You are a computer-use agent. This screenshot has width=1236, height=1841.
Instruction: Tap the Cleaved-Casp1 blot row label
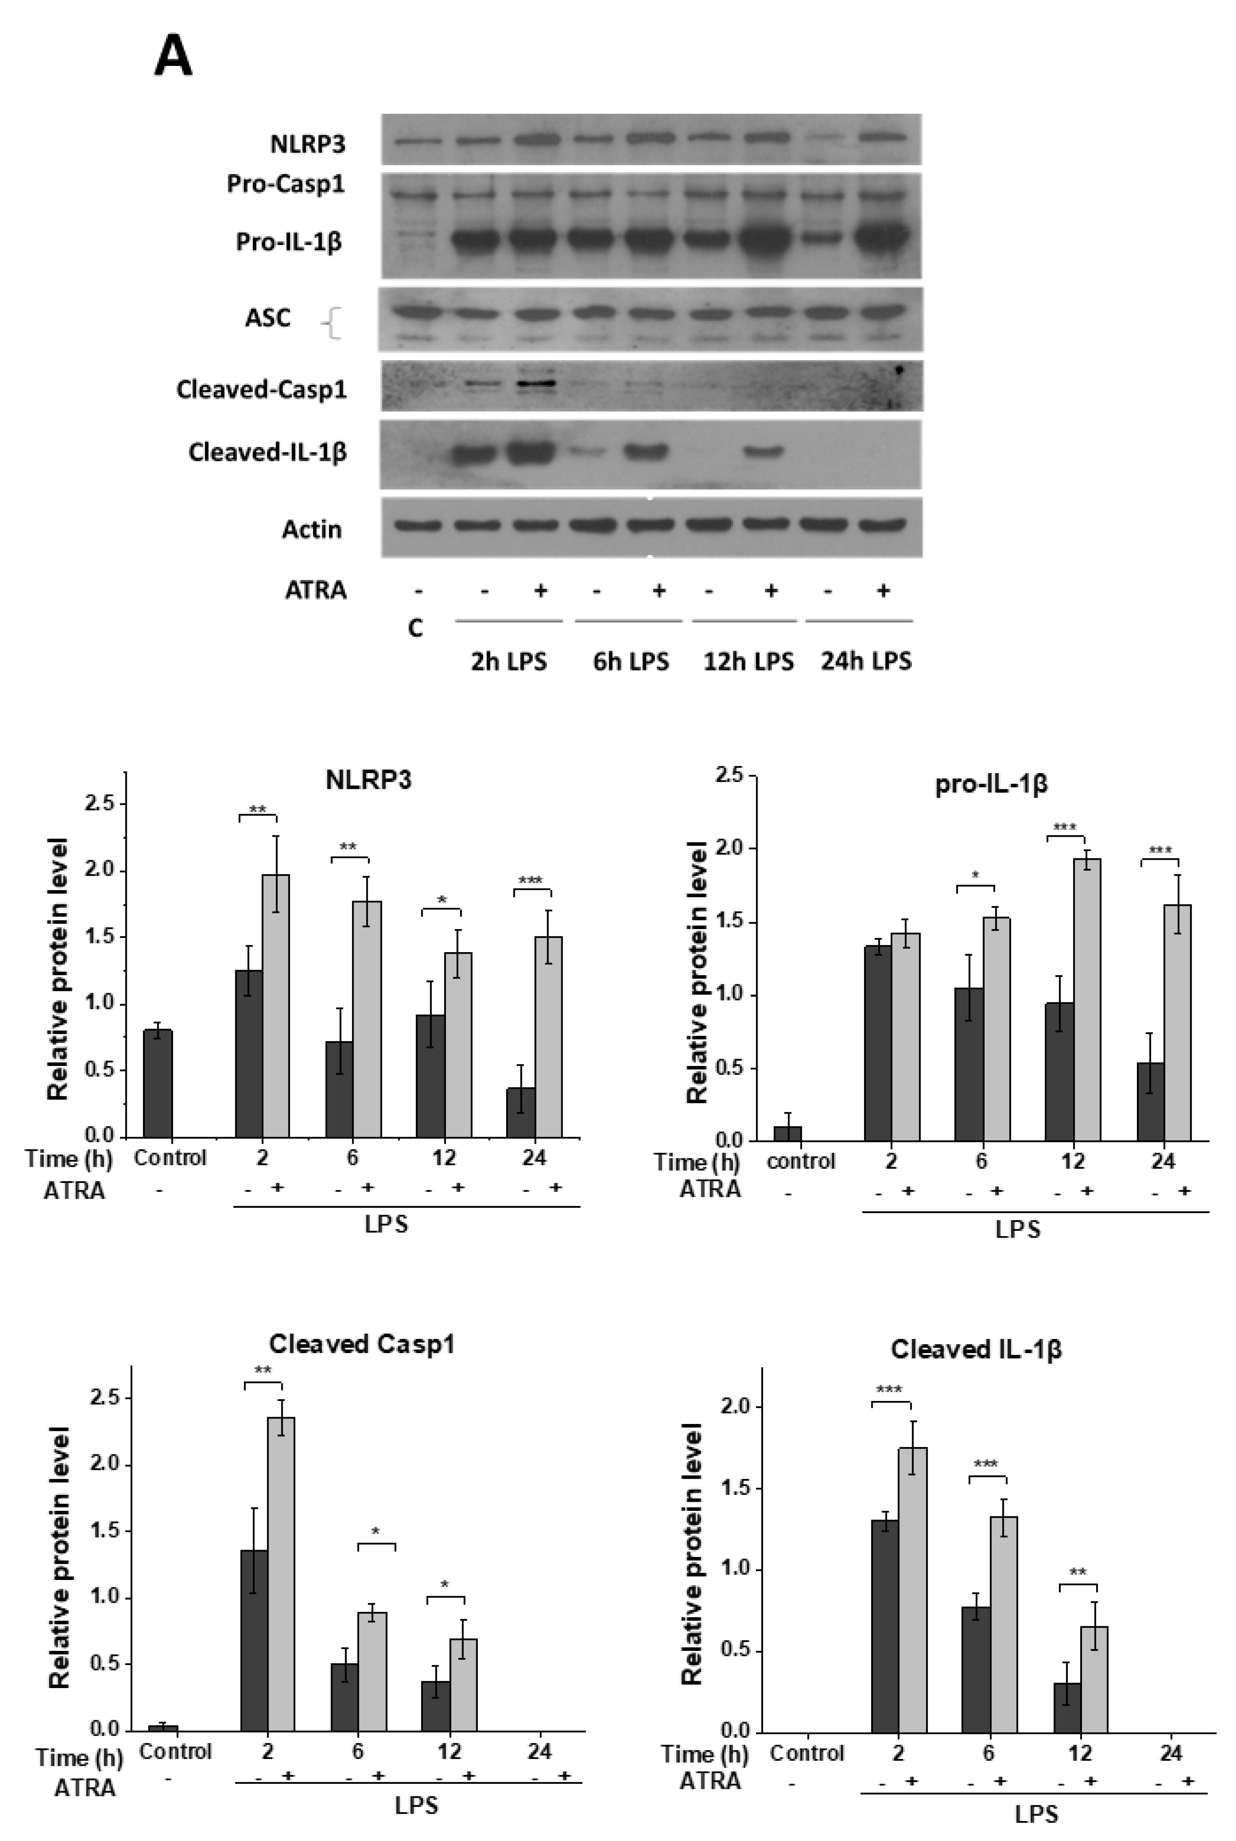(261, 389)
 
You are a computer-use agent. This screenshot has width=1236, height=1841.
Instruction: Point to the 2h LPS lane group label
(508, 661)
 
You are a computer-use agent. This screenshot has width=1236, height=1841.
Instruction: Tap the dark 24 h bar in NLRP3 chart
(521, 1112)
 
